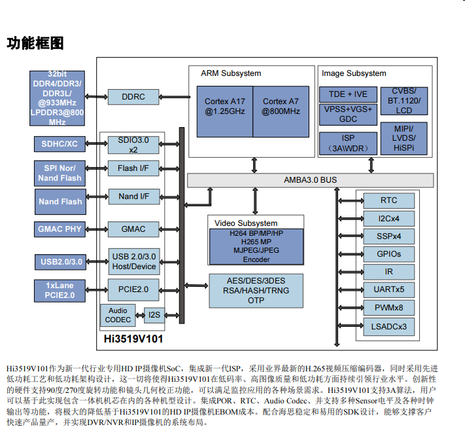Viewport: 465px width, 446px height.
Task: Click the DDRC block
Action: point(133,97)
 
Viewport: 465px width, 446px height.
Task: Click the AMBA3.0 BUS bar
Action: point(310,179)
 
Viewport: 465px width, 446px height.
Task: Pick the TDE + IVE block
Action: point(348,94)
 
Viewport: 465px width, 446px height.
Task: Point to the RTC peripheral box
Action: point(388,200)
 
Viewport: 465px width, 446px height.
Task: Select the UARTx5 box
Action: point(388,289)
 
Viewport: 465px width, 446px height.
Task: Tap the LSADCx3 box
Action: point(388,325)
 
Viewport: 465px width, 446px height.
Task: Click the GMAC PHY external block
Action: point(60,229)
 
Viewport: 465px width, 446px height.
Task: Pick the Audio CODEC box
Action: point(118,315)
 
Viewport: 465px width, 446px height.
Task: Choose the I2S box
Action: point(154,315)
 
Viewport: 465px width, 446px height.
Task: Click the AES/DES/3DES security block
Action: point(256,290)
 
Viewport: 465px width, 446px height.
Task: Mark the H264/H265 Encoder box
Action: point(256,246)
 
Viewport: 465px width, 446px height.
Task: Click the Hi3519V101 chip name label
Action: point(133,340)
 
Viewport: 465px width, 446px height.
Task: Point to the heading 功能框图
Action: point(35,44)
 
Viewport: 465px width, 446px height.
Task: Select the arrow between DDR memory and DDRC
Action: point(96,97)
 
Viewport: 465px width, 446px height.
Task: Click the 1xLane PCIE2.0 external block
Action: point(60,290)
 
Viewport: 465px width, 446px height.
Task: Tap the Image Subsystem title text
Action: point(354,73)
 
